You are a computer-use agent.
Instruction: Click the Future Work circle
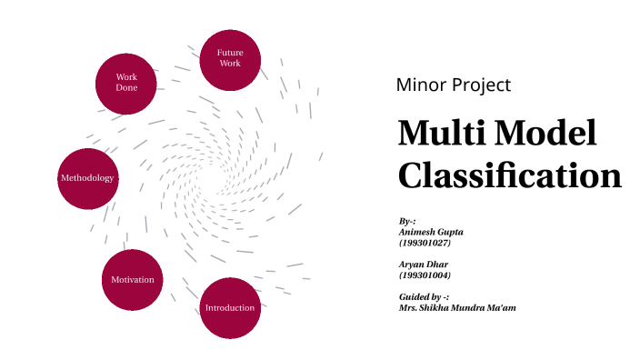point(230,60)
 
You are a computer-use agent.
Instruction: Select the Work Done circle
point(126,83)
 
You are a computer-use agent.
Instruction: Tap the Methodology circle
point(87,178)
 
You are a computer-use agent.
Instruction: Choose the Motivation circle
point(133,279)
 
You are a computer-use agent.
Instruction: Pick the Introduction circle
point(230,307)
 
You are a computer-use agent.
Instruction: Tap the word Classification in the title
point(509,175)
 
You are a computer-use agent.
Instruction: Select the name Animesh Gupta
point(431,232)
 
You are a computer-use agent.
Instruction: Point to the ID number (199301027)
point(425,243)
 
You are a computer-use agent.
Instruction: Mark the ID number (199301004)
point(425,275)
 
